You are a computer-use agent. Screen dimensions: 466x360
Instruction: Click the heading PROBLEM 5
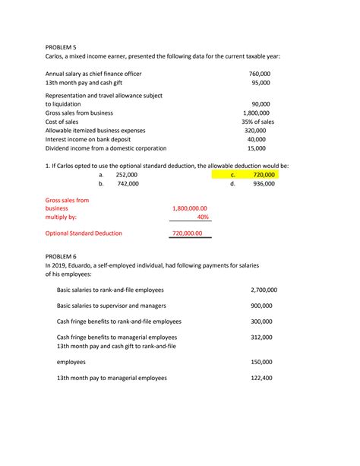click(62, 46)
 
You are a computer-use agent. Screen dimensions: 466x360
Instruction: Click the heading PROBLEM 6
click(62, 257)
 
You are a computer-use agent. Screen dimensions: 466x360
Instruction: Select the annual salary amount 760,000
click(260, 74)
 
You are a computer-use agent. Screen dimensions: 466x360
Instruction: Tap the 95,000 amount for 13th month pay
click(261, 83)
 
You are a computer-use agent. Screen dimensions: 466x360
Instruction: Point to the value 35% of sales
click(258, 122)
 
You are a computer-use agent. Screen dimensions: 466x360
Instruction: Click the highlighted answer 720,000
click(264, 175)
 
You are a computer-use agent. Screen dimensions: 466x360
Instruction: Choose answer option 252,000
click(128, 175)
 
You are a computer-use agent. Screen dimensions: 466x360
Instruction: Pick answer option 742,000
click(128, 184)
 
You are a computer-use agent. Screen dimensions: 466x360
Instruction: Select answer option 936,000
click(264, 184)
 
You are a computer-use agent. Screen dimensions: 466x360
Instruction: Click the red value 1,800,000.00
click(190, 208)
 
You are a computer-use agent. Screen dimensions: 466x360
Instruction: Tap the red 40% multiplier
click(202, 217)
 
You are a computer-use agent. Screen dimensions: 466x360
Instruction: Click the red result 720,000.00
click(188, 233)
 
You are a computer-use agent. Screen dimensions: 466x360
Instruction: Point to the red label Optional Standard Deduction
click(84, 233)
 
